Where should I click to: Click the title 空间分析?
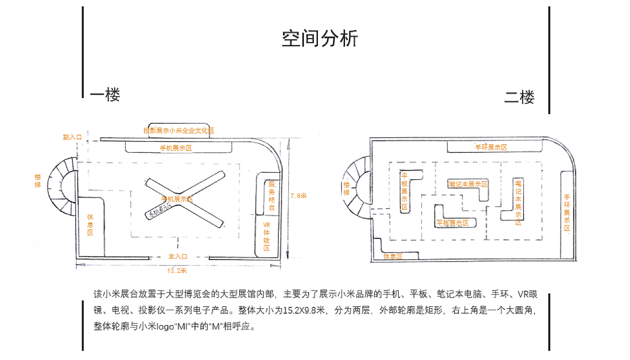320,38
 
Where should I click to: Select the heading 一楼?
105,95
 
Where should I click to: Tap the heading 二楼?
519,97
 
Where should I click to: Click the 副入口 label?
72,137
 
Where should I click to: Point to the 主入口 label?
178,257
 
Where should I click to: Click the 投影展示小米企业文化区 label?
179,131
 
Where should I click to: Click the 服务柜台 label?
272,196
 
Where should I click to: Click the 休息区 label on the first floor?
90,224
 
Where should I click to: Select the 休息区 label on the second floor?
393,257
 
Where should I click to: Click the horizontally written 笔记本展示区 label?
468,184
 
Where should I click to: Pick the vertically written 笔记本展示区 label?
518,201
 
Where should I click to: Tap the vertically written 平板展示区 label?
405,191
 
